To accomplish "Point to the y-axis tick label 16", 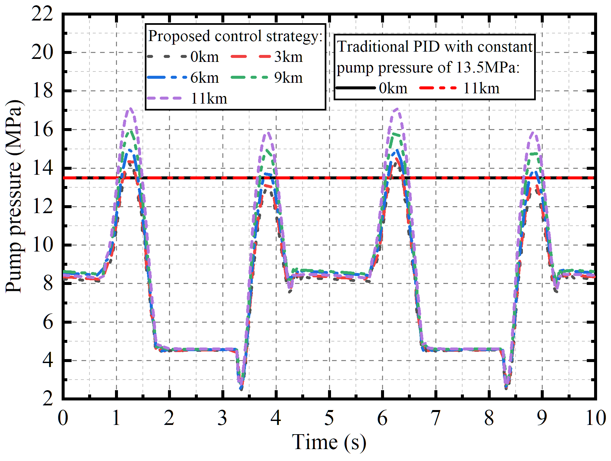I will (x=42, y=129).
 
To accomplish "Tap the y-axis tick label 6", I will (x=48, y=322).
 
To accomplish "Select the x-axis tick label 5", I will (x=329, y=418).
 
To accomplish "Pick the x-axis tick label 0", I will (x=63, y=418).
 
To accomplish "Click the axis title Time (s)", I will (x=329, y=442).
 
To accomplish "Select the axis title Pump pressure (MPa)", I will (x=14, y=196).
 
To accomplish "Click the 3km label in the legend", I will (x=288, y=57).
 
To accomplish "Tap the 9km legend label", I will (x=288, y=78).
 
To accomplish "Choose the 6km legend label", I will (x=204, y=78).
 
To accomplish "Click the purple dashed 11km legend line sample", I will (x=165, y=98).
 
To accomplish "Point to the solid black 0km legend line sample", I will (x=356, y=88).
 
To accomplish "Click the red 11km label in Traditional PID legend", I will (x=481, y=88).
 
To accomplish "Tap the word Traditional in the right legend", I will (x=372, y=47).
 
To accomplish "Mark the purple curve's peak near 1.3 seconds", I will (x=131, y=108).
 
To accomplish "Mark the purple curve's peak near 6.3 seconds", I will (x=397, y=109).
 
